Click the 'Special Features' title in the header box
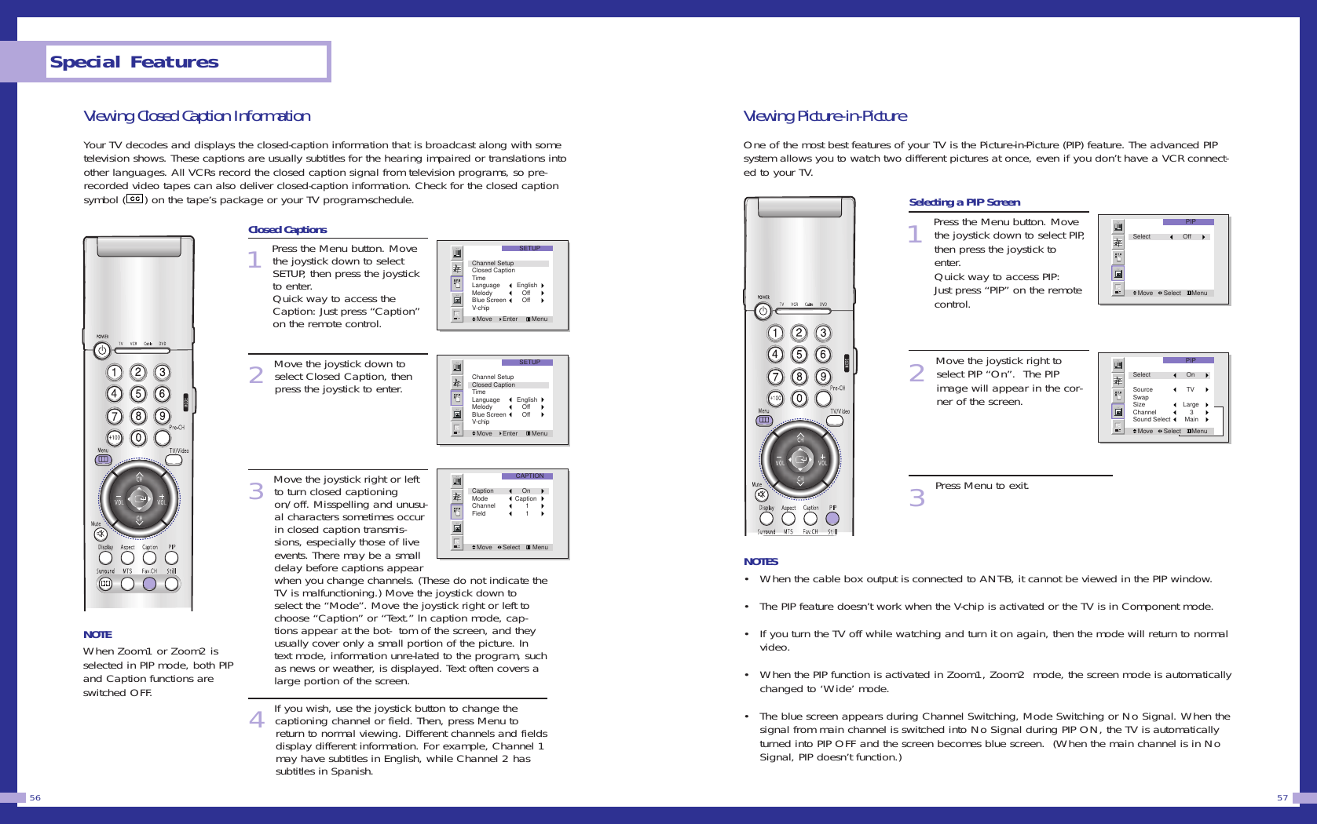(134, 62)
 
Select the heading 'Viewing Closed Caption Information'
(196, 116)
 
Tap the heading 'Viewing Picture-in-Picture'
(825, 116)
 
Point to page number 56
(35, 797)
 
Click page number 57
(1282, 797)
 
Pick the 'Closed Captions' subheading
(287, 230)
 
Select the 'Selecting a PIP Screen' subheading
(964, 202)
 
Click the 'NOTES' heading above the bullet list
(760, 561)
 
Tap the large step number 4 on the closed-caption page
(257, 719)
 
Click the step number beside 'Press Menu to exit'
(916, 498)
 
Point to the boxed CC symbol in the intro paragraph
(135, 199)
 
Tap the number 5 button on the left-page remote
(138, 394)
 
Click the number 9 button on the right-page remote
(823, 377)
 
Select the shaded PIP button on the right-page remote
(832, 519)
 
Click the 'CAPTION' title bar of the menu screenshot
(529, 476)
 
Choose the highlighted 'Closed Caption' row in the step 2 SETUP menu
(493, 385)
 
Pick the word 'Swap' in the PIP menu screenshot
(1140, 397)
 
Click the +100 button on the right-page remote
(775, 399)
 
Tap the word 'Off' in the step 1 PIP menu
(1187, 236)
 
